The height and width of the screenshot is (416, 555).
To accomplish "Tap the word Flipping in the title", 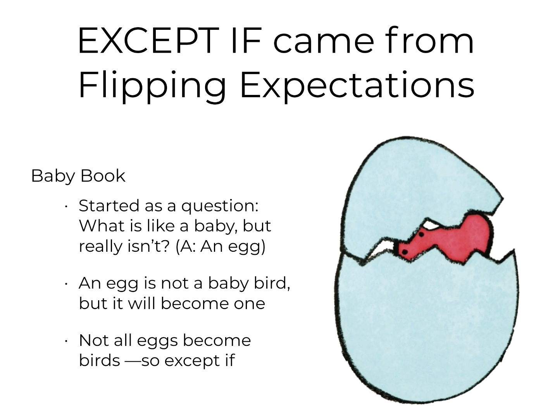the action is pos(152,86).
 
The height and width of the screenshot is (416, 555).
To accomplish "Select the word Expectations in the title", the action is pos(357,86).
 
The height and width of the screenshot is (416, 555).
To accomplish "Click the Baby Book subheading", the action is pos(78,176).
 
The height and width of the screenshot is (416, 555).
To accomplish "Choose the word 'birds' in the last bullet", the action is pos(99,360).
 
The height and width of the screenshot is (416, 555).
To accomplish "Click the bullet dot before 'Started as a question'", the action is pos(66,206).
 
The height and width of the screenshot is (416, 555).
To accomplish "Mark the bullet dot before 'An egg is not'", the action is pos(66,284).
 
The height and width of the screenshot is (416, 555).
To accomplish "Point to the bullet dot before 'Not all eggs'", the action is pos(66,342).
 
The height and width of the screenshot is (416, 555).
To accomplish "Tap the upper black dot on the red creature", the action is pos(421,234).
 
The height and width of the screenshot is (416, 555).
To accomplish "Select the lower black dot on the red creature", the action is pos(404,251).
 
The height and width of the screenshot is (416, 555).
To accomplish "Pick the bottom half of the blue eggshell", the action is pos(427,328).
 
